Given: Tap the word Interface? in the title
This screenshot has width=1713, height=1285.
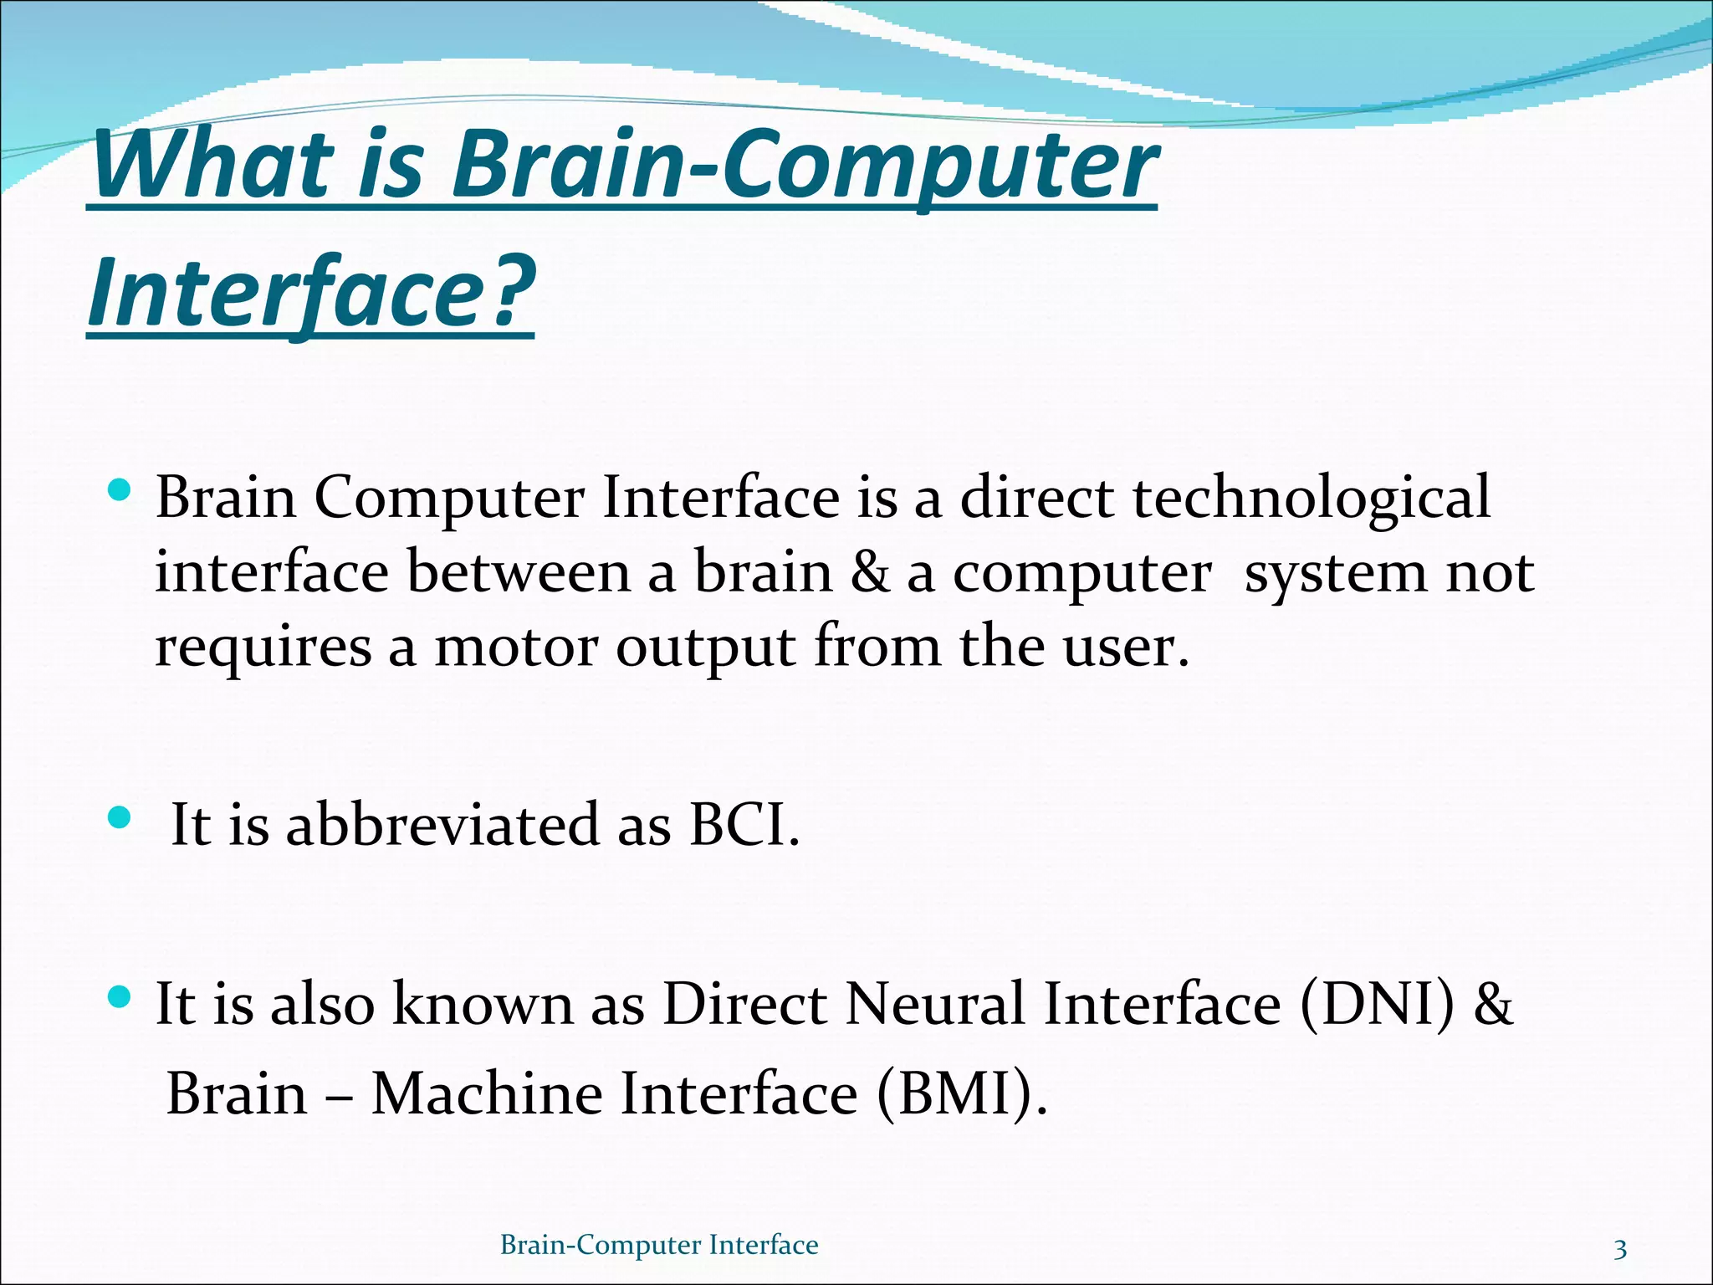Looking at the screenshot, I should [311, 293].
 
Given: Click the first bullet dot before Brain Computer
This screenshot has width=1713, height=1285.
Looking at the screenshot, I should [120, 489].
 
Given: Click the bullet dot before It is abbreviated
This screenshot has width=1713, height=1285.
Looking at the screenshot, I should [120, 817].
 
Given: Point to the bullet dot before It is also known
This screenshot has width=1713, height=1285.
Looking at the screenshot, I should [120, 996].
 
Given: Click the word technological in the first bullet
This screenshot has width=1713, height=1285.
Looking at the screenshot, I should [1311, 499].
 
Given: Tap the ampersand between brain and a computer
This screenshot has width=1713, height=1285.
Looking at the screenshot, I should [870, 574].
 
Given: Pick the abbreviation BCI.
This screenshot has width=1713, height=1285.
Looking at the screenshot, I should [744, 825].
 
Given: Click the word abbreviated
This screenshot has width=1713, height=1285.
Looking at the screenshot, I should [442, 825].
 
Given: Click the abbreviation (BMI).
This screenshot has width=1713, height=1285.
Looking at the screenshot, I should [961, 1094].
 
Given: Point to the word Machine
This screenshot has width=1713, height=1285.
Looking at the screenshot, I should [486, 1094].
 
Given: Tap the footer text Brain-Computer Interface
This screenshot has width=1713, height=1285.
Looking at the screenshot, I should [659, 1245].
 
